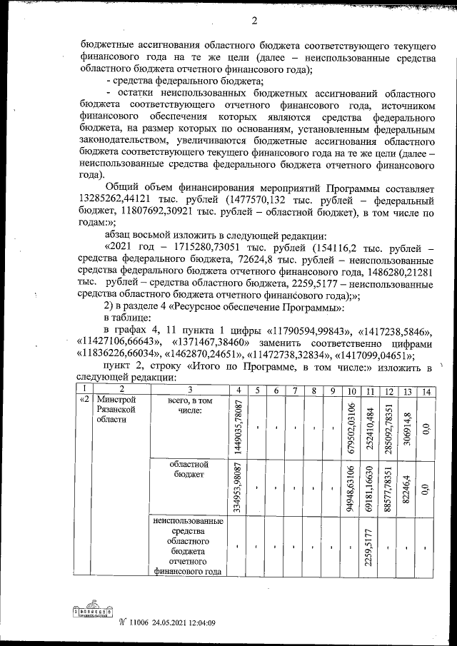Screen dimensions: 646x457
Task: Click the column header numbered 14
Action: tap(425, 390)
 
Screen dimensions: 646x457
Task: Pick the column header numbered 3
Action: tap(191, 390)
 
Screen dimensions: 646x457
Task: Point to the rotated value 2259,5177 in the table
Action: tap(369, 547)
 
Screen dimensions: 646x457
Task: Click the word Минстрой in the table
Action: tap(114, 400)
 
